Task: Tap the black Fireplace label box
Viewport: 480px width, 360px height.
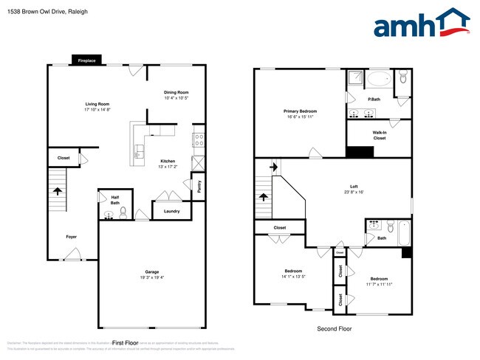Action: pyautogui.click(x=86, y=60)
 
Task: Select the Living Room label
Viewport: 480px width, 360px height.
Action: pyautogui.click(x=97, y=104)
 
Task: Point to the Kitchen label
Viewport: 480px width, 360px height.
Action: pyautogui.click(x=168, y=161)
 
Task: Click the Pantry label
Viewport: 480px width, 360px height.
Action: pyautogui.click(x=199, y=187)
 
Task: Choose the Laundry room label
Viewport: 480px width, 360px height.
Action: pyautogui.click(x=171, y=212)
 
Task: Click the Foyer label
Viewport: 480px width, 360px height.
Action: pyautogui.click(x=71, y=237)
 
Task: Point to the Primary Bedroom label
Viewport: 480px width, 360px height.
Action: pyautogui.click(x=299, y=111)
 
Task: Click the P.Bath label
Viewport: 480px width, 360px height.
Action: pyautogui.click(x=374, y=99)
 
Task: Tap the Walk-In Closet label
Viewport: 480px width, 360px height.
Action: pyautogui.click(x=379, y=135)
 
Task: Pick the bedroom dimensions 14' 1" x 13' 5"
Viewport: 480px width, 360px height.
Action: pyautogui.click(x=294, y=277)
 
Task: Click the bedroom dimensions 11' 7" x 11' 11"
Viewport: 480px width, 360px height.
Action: pyautogui.click(x=380, y=283)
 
